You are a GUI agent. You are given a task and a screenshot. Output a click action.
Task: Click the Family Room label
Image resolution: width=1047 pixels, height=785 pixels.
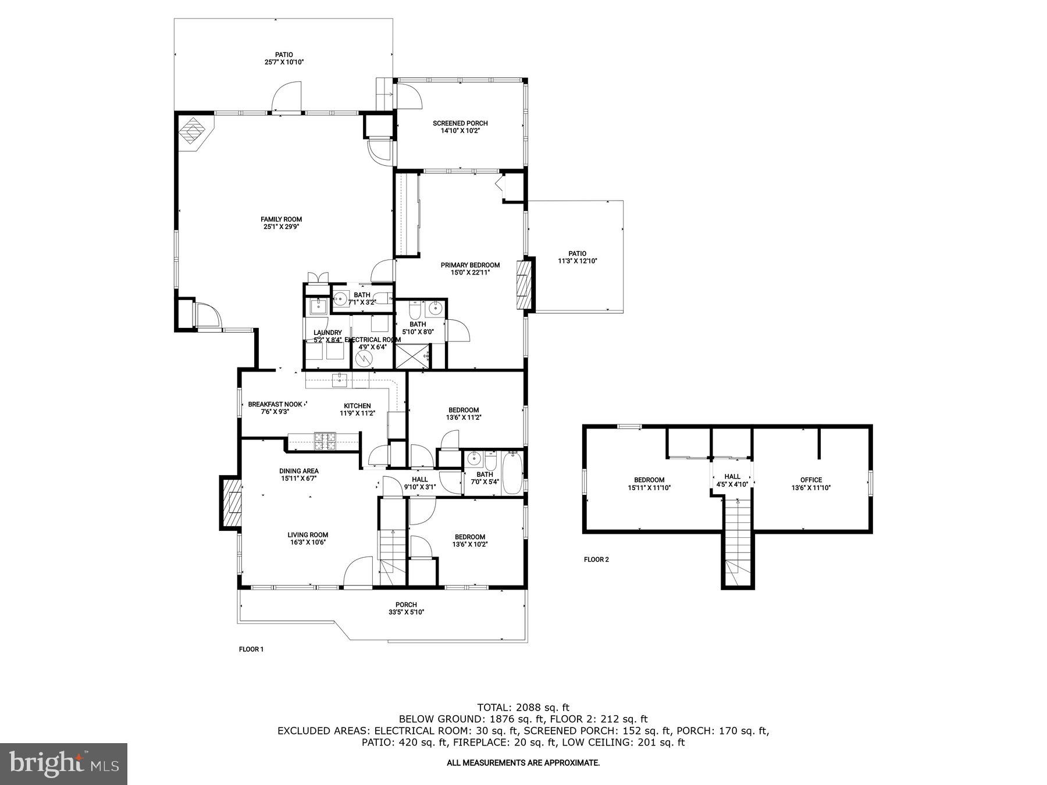(x=281, y=220)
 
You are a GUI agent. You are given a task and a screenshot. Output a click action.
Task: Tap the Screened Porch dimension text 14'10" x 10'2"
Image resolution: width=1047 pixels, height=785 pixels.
(x=460, y=131)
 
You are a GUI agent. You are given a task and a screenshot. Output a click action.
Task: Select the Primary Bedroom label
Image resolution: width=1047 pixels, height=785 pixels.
(x=470, y=265)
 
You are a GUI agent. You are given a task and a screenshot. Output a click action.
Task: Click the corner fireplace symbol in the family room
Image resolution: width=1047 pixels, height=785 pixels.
(x=194, y=133)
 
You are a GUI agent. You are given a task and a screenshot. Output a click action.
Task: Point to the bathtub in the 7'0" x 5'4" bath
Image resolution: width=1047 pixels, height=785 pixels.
(x=512, y=473)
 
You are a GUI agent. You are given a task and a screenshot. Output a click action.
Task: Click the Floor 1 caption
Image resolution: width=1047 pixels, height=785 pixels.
(x=251, y=649)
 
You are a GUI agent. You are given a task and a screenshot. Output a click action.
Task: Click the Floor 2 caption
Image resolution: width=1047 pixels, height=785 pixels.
(x=596, y=559)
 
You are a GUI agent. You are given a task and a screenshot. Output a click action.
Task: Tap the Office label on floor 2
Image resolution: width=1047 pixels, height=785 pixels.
(x=811, y=480)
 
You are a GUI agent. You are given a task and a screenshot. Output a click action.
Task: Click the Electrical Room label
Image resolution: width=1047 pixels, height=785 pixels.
(x=372, y=340)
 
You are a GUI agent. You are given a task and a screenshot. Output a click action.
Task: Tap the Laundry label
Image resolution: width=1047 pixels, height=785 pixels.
(x=327, y=333)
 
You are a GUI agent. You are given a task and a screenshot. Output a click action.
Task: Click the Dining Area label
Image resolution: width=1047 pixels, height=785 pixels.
(x=298, y=471)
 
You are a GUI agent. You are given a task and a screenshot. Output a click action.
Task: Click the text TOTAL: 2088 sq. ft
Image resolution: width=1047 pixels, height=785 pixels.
(x=523, y=708)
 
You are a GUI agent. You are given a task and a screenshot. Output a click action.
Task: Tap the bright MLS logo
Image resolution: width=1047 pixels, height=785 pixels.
(x=63, y=763)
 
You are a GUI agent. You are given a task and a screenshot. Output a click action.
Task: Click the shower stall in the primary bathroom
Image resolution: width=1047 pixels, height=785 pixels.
(x=412, y=356)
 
